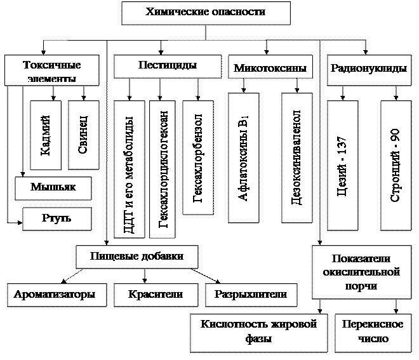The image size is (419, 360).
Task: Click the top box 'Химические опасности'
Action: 206,13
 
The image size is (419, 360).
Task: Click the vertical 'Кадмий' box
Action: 46,135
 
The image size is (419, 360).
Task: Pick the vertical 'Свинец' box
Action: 83,135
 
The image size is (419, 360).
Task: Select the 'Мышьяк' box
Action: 53,188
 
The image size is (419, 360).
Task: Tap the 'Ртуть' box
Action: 57,218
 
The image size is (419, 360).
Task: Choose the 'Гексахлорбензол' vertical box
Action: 197,157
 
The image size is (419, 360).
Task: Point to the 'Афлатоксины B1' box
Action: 243,157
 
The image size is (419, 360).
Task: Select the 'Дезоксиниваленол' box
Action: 296,157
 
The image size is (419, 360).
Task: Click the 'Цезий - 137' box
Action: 342,165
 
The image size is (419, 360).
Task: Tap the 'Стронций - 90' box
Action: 396,165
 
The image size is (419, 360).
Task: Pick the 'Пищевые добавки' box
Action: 137,257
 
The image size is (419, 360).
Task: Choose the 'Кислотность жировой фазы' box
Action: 258,331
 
